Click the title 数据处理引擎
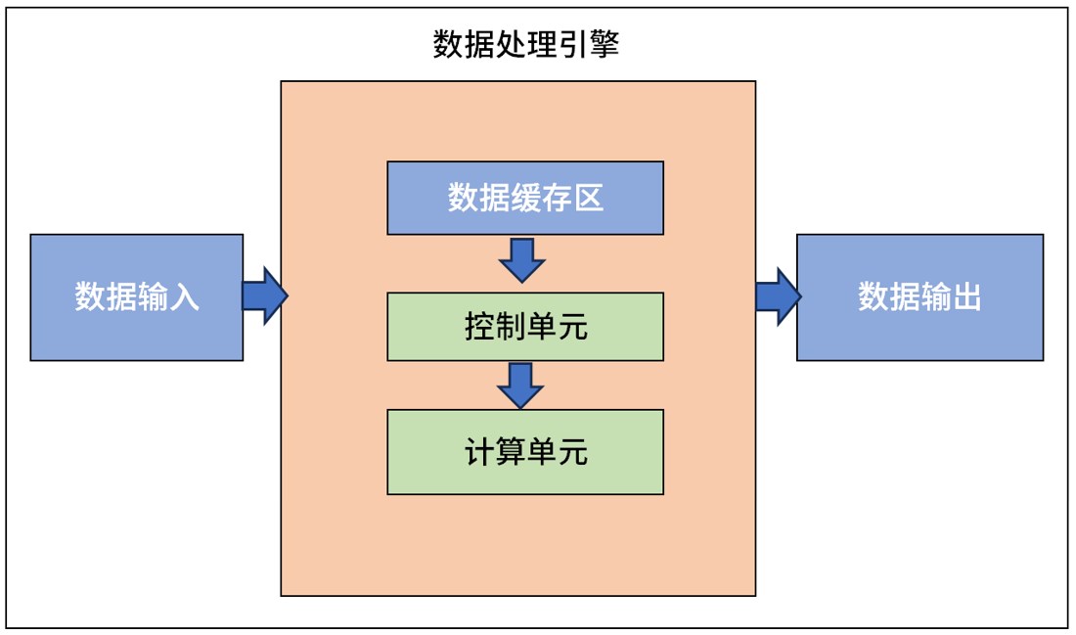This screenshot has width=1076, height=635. pos(525,45)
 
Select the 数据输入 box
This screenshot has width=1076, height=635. pos(137,297)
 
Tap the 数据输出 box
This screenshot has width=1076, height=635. pos(919,297)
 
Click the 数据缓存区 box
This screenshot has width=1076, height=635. pos(525,199)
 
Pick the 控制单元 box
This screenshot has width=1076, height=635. pos(525,326)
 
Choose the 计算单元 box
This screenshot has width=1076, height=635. pos(525,452)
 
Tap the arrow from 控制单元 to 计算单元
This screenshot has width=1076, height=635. pos(520,385)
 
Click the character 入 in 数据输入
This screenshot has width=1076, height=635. pos(184,297)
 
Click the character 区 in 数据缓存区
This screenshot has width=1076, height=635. pos(588,199)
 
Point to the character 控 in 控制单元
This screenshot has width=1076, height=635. pos(479,326)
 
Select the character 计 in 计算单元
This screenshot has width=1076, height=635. pos(479,452)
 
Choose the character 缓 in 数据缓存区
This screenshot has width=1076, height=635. pos(525,199)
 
